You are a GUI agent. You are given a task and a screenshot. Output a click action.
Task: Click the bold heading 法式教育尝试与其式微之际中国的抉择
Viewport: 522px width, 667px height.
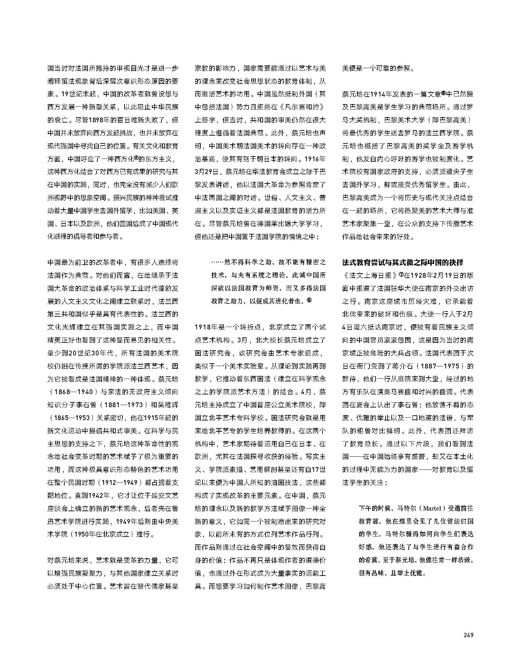403,263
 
